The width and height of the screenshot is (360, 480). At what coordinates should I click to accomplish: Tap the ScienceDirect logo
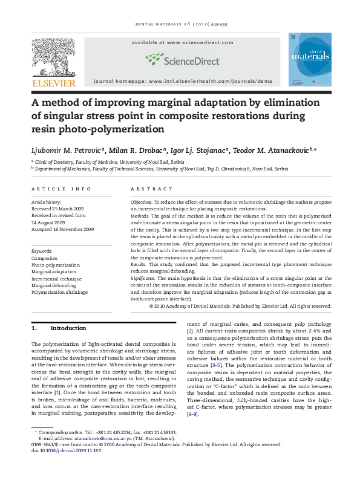[180, 59]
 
